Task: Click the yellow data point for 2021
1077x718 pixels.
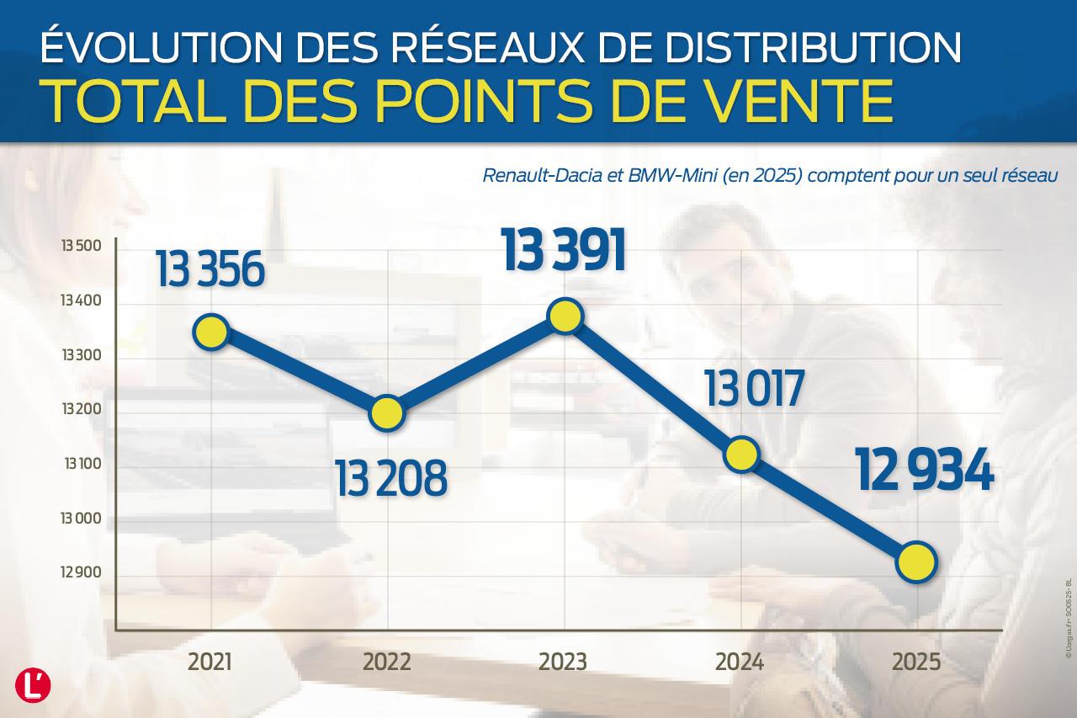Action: click(210, 332)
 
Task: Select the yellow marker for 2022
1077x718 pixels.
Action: click(386, 412)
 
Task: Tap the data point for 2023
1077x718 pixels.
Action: click(564, 316)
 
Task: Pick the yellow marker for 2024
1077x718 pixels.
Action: click(740, 455)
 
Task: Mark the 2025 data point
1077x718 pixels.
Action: click(916, 561)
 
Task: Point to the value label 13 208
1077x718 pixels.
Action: click(390, 477)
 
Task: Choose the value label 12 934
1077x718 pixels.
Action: click(925, 471)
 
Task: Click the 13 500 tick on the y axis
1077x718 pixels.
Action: click(81, 247)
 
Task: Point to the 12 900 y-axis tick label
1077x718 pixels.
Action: click(81, 573)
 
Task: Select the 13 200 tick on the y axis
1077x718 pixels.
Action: click(81, 411)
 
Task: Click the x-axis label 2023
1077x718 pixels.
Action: click(563, 662)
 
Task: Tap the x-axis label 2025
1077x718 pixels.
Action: click(916, 662)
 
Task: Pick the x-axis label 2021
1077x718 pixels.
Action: click(210, 662)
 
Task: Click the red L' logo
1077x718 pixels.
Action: click(33, 684)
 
